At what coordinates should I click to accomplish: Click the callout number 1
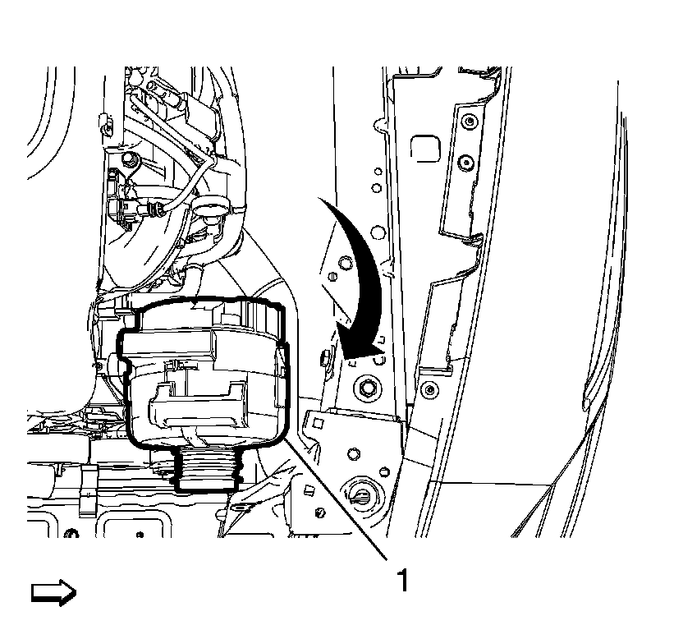point(401,581)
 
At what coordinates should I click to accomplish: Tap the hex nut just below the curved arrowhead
point(365,384)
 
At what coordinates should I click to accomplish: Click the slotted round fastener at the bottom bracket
point(363,495)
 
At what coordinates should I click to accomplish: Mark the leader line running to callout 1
point(345,501)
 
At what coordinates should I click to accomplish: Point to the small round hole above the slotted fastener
point(353,453)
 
